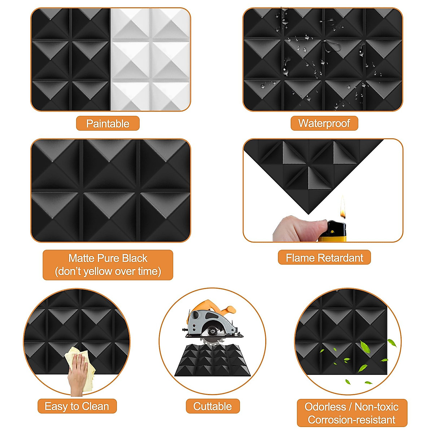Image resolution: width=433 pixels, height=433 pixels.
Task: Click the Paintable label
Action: pos(108,123)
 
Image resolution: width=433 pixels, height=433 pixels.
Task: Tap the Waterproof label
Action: pos(324,123)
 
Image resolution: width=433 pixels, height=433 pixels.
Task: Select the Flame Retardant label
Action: pos(324,258)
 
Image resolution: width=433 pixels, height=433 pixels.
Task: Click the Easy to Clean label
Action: pos(77,406)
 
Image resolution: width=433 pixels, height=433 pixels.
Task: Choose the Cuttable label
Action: pos(213,406)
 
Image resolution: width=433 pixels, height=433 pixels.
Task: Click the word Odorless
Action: pos(325,407)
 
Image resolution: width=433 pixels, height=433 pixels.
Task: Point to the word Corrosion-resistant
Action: pos(351,420)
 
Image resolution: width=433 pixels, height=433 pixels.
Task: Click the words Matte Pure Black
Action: pos(108,258)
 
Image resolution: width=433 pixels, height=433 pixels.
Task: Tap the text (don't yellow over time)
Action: pos(108,271)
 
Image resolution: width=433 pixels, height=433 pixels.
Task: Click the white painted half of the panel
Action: pos(150,60)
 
